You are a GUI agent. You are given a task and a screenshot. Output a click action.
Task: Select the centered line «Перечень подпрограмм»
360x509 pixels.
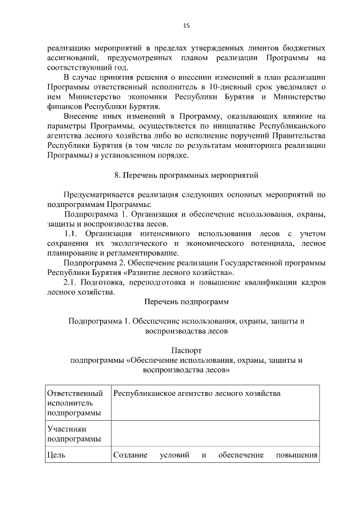pos(186,301)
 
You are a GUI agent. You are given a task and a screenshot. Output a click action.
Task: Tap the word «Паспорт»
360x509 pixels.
pos(186,350)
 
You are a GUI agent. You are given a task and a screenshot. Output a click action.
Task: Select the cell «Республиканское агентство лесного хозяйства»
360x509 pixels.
pos(197,393)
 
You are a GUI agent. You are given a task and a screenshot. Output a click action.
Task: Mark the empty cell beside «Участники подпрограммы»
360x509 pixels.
pos(215,434)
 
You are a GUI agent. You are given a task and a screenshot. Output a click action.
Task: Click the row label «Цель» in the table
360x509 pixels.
pos(57,454)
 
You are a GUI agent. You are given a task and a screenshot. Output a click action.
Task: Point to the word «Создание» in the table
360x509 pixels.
pos(130,454)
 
